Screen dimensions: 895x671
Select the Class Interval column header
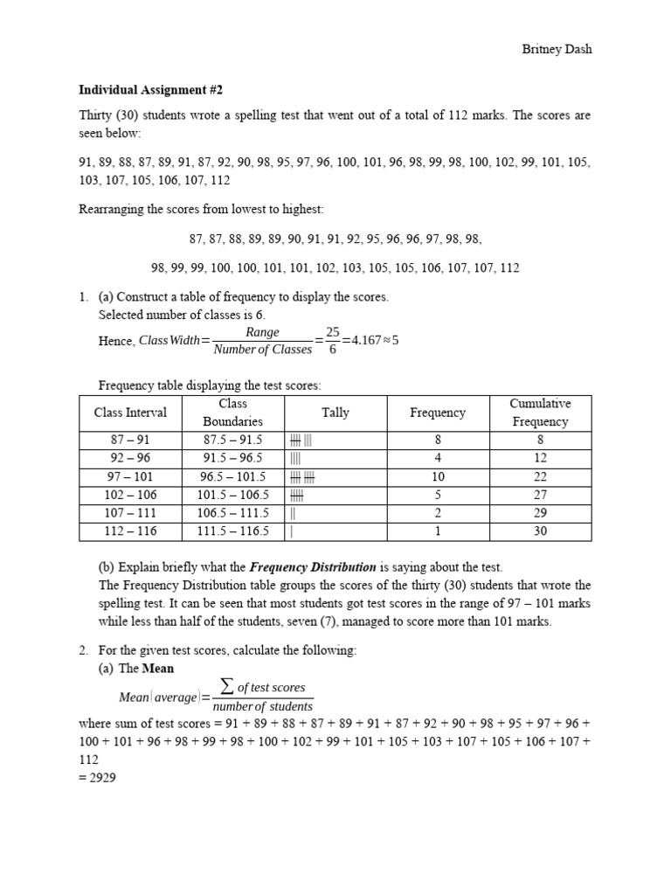pos(130,413)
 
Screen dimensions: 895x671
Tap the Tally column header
pos(335,413)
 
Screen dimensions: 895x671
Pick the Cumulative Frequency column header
pos(539,413)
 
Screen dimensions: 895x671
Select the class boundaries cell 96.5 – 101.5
pos(232,477)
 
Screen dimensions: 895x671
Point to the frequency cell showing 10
pos(438,477)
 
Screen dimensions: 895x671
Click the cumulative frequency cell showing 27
pos(539,495)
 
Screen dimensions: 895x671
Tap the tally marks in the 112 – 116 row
pos(292,531)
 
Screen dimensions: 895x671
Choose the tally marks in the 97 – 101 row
pos(301,477)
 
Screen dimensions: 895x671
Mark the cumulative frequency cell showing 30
pos(539,531)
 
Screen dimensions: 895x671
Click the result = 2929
pos(97,777)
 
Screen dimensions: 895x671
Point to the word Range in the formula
pos(262,332)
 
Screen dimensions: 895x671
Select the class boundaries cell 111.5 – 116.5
pos(232,531)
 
